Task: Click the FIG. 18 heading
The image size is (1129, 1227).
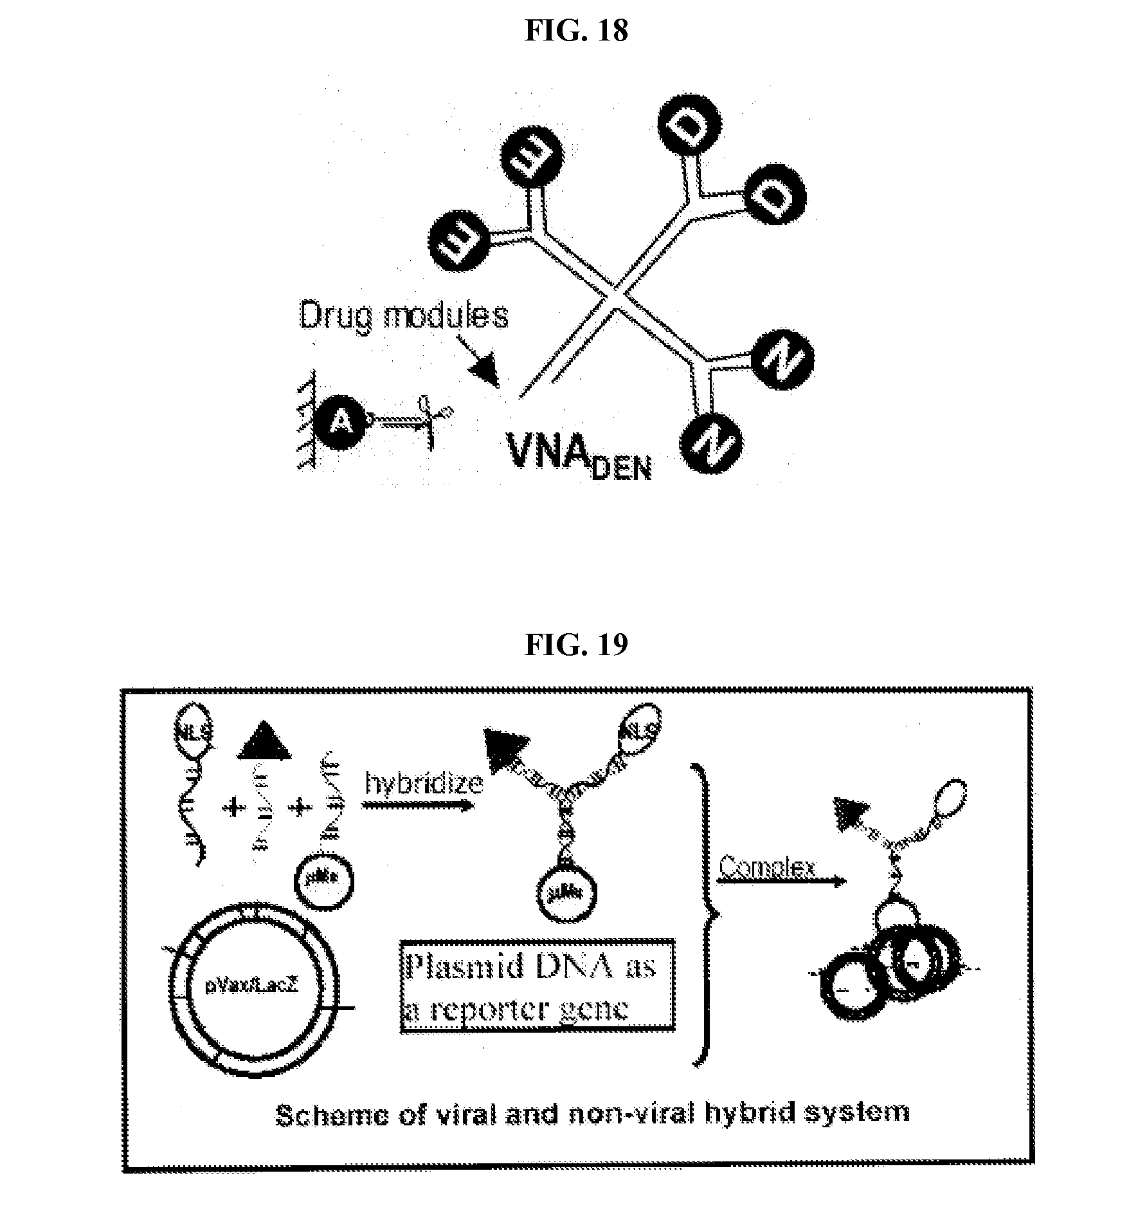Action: pyautogui.click(x=576, y=30)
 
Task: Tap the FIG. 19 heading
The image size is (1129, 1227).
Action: pyautogui.click(x=576, y=644)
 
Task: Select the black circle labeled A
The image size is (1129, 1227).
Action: pyautogui.click(x=341, y=421)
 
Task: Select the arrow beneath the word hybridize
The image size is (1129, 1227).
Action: pyautogui.click(x=419, y=804)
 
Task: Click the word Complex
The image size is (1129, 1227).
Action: pyautogui.click(x=766, y=867)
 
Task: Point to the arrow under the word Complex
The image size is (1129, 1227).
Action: pyautogui.click(x=781, y=882)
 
